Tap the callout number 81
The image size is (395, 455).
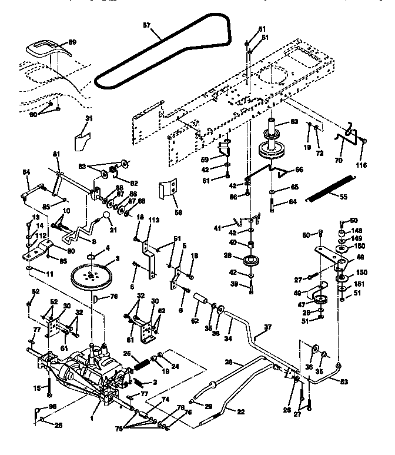(56, 154)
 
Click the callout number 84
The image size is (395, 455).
(26, 172)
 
